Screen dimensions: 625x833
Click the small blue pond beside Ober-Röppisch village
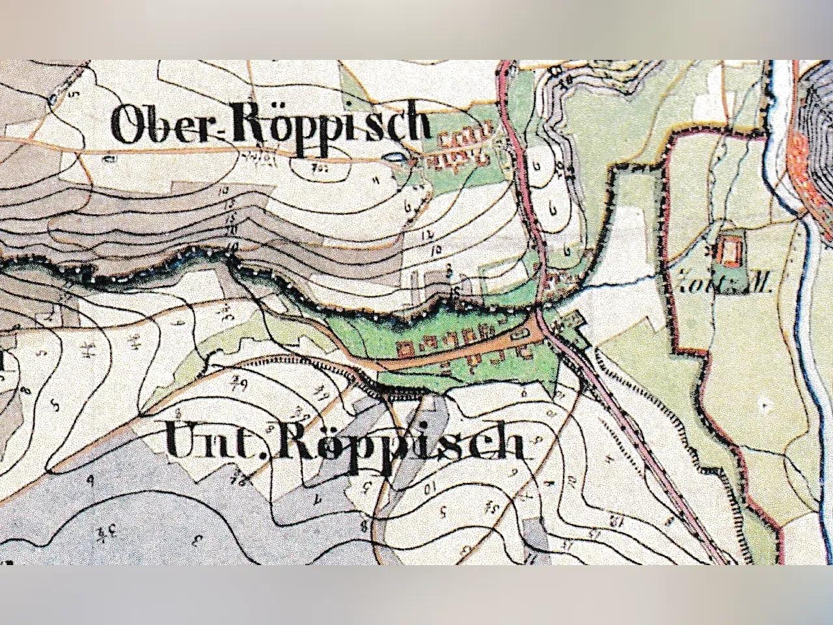[393, 157]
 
